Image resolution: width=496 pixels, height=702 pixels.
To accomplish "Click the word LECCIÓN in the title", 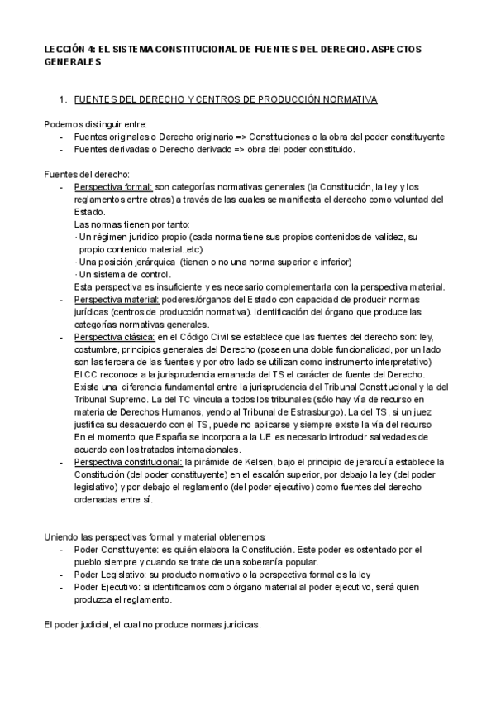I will [x=63, y=50].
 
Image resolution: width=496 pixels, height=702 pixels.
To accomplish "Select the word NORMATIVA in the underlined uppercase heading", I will [x=348, y=99].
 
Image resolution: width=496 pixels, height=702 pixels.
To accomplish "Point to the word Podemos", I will [x=60, y=124].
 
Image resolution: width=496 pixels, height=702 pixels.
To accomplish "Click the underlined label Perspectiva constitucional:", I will [x=128, y=460].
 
